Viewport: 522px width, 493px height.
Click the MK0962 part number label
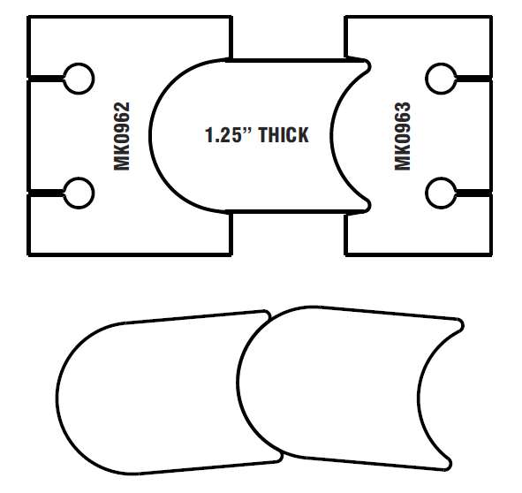(x=122, y=136)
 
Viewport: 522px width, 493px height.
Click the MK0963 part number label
(x=403, y=136)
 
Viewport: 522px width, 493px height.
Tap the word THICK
(x=284, y=135)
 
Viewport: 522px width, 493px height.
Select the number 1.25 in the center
(x=223, y=135)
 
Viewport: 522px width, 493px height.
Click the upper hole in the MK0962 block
(x=79, y=79)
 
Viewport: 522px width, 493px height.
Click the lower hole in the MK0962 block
(x=79, y=193)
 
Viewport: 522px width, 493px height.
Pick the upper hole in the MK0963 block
(x=441, y=79)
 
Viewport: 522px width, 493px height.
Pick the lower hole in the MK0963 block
(x=441, y=193)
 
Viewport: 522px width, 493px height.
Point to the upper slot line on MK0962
(x=46, y=79)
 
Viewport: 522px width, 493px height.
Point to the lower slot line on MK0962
(x=46, y=193)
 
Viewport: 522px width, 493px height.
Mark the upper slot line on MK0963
(x=473, y=79)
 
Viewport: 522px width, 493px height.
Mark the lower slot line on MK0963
(x=473, y=193)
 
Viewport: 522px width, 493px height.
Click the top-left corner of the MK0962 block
(x=28, y=17)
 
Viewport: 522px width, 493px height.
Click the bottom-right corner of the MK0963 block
(x=491, y=254)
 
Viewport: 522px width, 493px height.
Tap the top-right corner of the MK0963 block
(x=491, y=17)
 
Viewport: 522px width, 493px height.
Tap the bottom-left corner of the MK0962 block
(x=28, y=254)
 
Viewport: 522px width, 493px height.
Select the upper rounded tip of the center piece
(x=367, y=65)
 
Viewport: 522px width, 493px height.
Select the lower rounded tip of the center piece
(x=367, y=206)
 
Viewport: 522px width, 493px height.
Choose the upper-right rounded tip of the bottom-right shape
(x=460, y=325)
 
